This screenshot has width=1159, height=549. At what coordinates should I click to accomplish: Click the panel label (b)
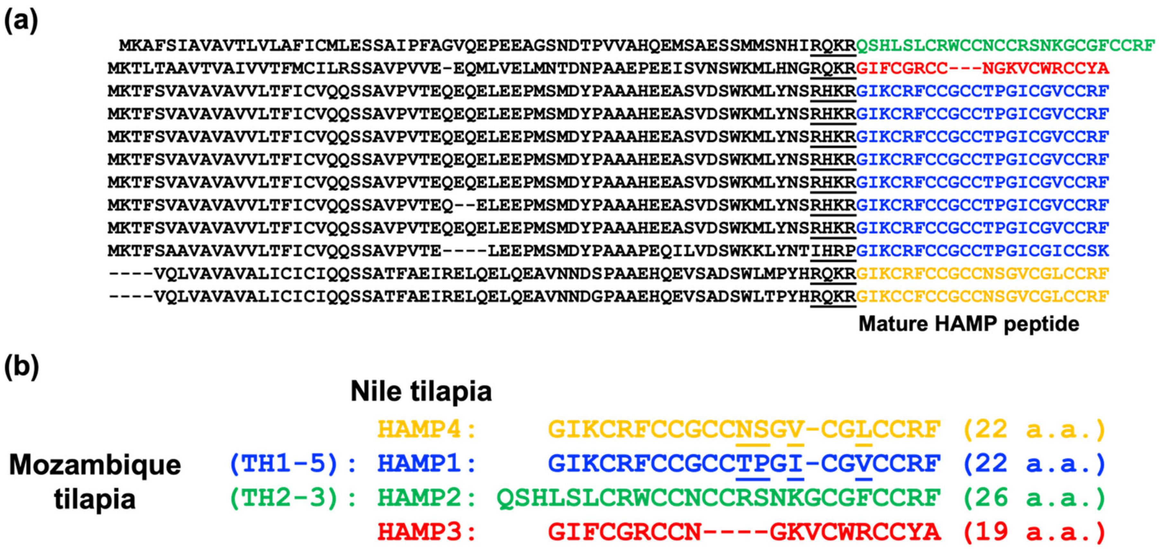(21, 366)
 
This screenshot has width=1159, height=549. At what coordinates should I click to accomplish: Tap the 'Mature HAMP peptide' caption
(968, 324)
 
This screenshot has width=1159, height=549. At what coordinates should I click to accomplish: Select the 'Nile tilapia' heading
(421, 391)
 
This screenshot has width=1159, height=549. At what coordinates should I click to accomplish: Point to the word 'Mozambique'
(95, 465)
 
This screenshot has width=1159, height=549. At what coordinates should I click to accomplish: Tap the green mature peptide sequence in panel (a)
(1005, 45)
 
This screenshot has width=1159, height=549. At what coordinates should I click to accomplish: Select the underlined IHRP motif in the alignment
(833, 251)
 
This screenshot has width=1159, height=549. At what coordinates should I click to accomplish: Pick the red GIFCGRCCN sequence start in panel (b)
(624, 532)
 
